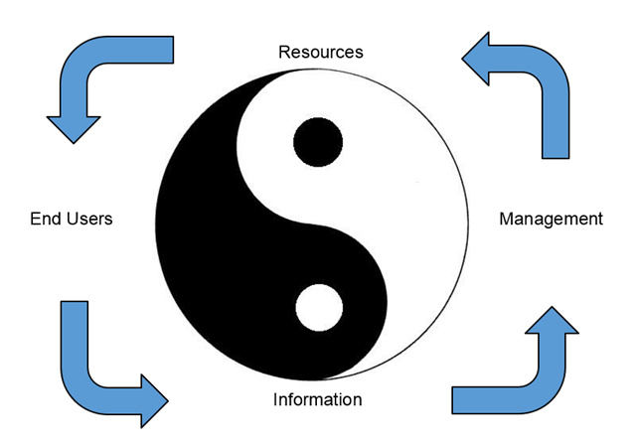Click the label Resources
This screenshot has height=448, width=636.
[x=321, y=51]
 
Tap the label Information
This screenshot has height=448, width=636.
[x=317, y=400]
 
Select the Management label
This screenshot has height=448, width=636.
[x=551, y=219]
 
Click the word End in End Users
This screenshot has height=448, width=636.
[x=45, y=219]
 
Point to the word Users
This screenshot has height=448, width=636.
[x=88, y=219]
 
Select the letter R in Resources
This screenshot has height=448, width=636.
[x=284, y=51]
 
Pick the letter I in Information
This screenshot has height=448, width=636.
[x=275, y=400]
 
